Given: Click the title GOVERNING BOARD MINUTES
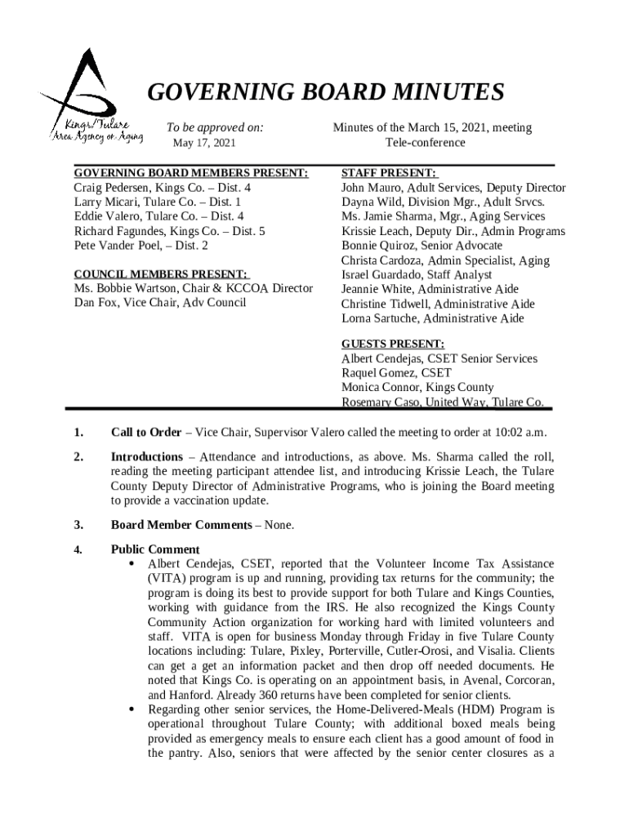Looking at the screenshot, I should pyautogui.click(x=325, y=94).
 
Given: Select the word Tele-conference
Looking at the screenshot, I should pyautogui.click(x=426, y=143).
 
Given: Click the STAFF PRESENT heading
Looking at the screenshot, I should pyautogui.click(x=389, y=173).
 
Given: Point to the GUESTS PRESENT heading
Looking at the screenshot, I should pyautogui.click(x=393, y=344).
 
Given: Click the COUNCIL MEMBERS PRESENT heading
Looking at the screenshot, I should pyautogui.click(x=161, y=274).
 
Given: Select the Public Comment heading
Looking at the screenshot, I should pyautogui.click(x=155, y=549).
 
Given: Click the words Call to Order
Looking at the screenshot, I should pyautogui.click(x=146, y=432).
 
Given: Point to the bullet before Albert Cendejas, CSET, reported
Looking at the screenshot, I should pyautogui.click(x=132, y=564).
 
